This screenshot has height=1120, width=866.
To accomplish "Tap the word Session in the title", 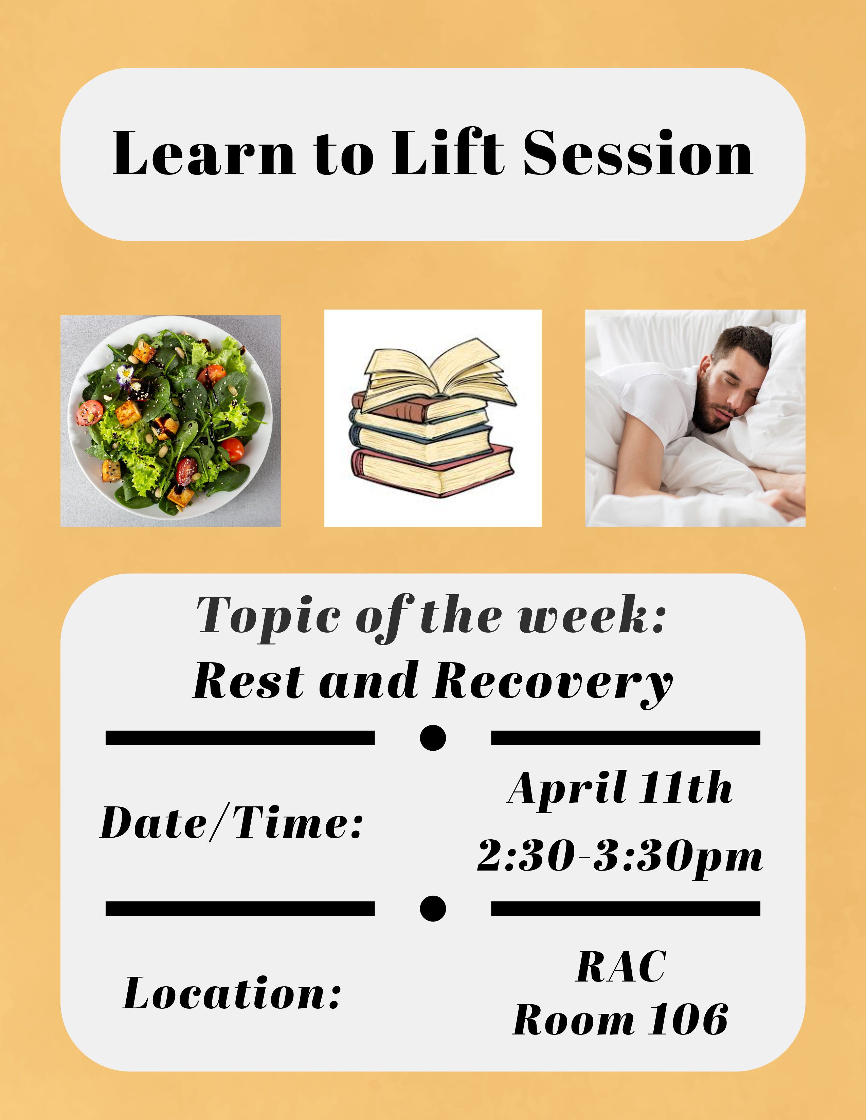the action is pos(638,152).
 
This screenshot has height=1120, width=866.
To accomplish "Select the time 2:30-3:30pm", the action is pos(620,856).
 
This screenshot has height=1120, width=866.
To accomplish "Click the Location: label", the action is pos(232,993).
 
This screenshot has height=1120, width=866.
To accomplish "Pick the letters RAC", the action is pos(621,966).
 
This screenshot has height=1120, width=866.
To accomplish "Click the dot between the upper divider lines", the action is pos(432,738).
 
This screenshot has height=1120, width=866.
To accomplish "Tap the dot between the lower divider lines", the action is pos(432,909).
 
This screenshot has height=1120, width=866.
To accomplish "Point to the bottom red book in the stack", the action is pos(432,469).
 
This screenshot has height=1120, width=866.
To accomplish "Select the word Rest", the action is pos(248,682).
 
